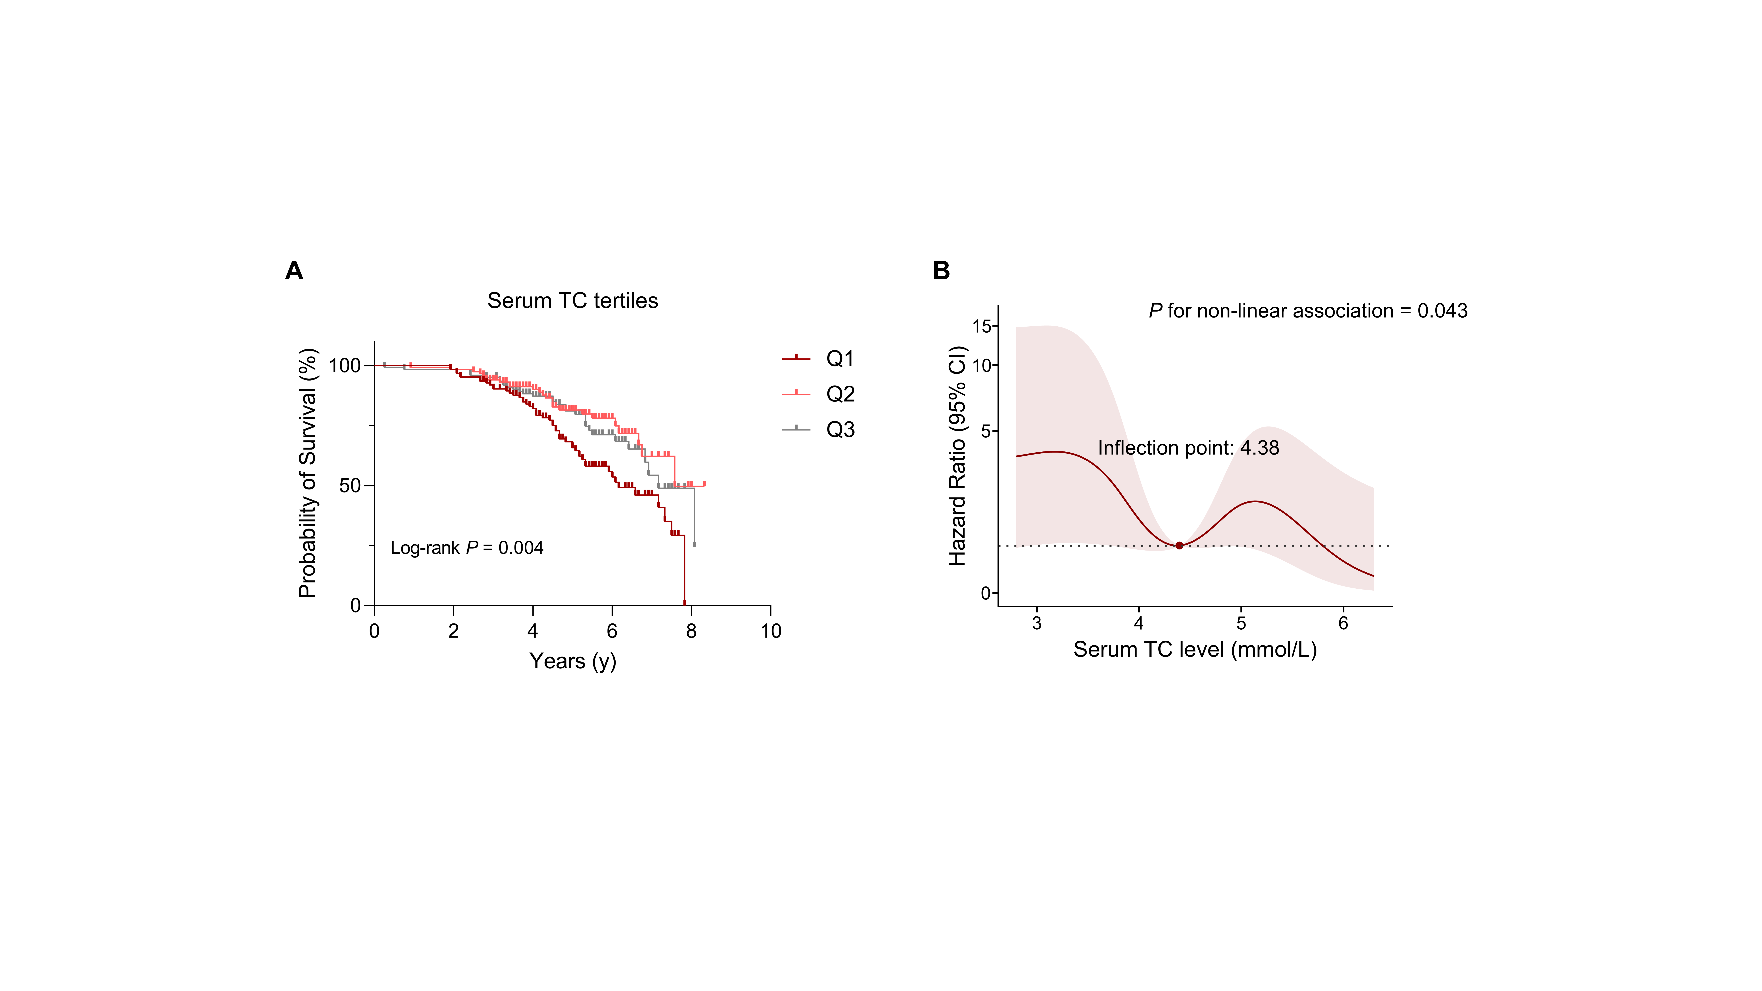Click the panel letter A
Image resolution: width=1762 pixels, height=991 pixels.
coord(294,271)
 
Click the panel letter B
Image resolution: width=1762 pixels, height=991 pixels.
coord(941,271)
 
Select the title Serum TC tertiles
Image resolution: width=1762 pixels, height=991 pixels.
coord(572,301)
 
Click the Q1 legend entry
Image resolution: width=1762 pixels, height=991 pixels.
coord(819,358)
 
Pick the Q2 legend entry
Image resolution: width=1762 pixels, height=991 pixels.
coord(819,394)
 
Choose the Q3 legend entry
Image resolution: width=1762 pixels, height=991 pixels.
coord(819,429)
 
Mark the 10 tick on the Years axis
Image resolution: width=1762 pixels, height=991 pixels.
coord(771,630)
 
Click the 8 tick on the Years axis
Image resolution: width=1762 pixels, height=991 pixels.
coord(692,630)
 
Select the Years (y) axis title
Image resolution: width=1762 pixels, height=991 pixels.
coord(572,661)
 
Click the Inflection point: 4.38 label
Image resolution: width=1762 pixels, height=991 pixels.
coord(1188,448)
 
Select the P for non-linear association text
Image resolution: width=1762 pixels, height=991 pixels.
coord(1308,311)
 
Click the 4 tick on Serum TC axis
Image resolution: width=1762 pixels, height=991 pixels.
coord(1139,623)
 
